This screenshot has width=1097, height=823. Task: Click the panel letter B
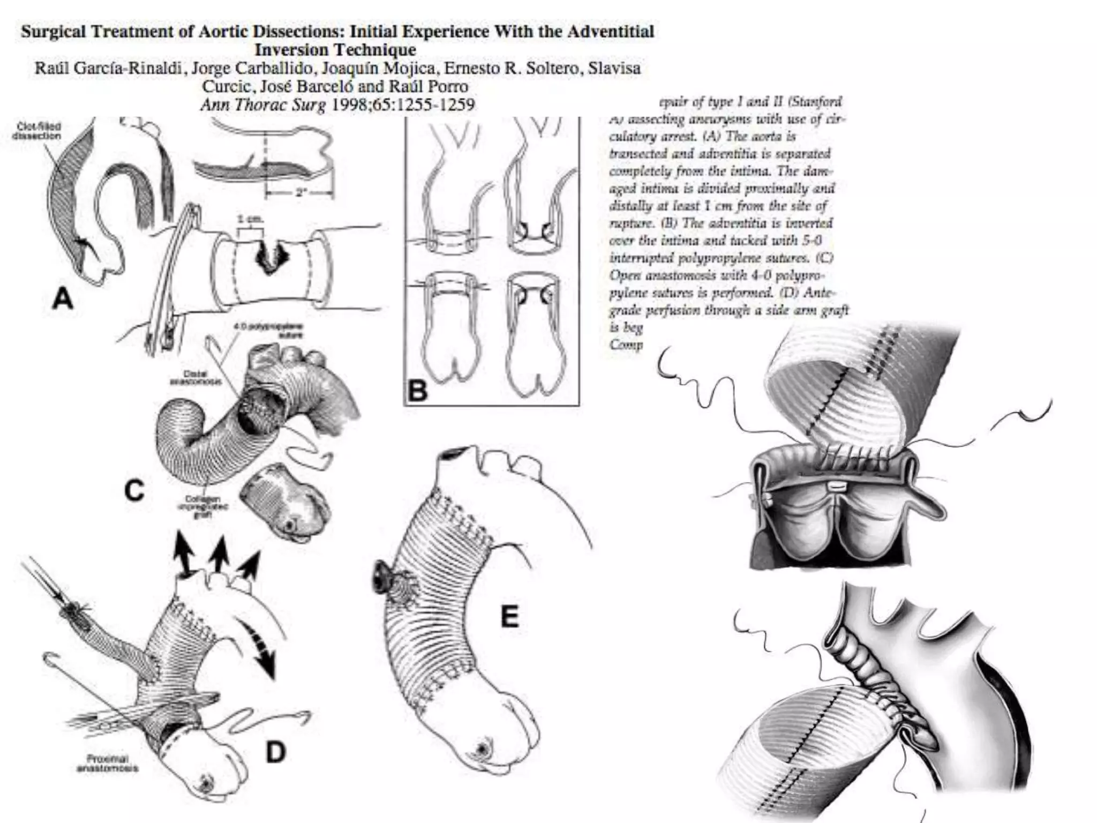418,391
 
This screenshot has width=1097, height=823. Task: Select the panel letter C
134,490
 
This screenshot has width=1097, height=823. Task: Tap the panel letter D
275,752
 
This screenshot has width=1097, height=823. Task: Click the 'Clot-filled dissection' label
36,131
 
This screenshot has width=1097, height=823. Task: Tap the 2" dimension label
301,192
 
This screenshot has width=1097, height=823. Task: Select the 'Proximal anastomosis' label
107,764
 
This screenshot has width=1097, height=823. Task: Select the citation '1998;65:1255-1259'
403,104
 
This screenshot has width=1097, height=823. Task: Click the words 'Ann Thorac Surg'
262,104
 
